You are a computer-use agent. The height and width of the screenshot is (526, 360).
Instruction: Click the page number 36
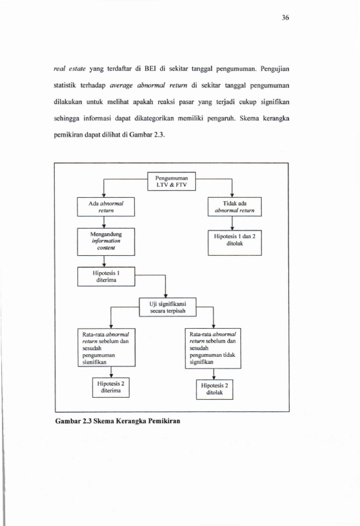point(285,18)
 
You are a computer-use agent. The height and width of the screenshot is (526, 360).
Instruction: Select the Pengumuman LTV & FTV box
point(171,181)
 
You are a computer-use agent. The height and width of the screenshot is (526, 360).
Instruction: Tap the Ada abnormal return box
point(106,207)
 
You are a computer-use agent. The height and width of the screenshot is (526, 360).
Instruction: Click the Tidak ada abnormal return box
point(234,207)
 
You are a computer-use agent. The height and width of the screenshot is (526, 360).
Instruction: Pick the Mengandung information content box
point(106,242)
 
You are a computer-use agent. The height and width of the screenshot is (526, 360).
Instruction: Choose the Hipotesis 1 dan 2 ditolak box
point(234,243)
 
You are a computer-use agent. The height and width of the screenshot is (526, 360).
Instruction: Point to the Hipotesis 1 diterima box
point(106,277)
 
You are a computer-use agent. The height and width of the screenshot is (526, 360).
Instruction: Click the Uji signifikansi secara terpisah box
point(168,307)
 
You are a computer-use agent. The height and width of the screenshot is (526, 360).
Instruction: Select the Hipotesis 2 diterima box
point(111,387)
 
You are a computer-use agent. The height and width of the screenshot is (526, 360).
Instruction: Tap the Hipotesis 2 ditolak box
point(214,389)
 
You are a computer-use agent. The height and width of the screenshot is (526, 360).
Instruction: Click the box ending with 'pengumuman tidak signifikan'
point(213,348)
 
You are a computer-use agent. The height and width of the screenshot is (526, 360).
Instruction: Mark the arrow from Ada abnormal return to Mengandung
point(104,223)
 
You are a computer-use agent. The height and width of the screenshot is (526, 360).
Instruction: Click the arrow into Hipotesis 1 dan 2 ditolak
point(232,223)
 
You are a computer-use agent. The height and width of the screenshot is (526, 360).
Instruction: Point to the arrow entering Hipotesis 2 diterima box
point(111,372)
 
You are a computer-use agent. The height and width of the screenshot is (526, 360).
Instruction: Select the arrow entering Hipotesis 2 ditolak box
point(214,374)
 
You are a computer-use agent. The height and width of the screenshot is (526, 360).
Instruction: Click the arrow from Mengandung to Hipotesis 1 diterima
point(104,261)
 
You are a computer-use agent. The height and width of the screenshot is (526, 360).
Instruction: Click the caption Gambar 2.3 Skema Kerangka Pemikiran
point(118,421)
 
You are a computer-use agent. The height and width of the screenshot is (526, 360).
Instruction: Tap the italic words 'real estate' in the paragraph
point(70,69)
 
